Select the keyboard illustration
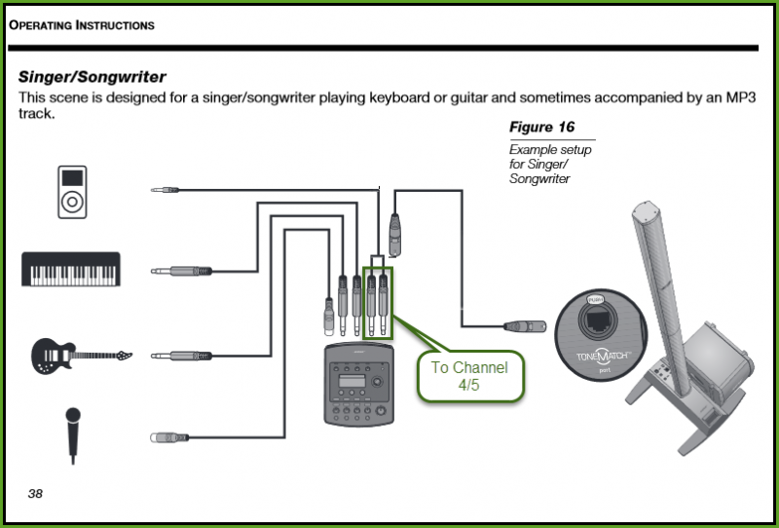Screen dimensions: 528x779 71,269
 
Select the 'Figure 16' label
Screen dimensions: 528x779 541,128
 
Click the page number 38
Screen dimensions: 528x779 35,494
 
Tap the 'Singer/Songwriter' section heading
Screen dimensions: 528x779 92,75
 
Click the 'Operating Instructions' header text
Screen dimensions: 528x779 82,25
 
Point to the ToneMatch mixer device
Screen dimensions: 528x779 360,384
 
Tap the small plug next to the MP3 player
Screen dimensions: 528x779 164,189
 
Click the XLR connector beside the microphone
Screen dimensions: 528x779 169,438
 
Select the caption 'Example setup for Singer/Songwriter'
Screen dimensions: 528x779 550,165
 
